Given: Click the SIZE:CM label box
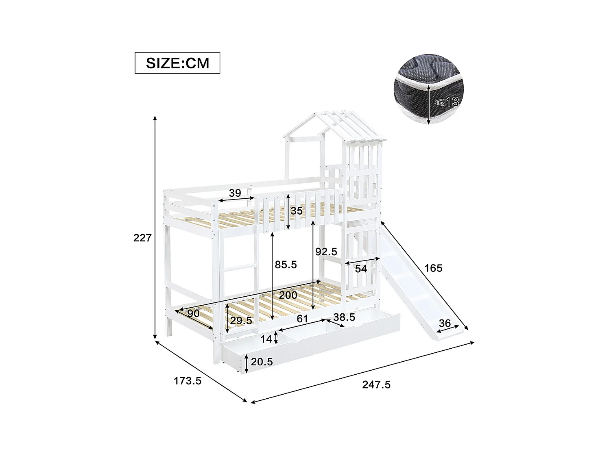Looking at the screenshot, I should tap(177, 63).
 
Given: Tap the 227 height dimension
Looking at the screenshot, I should tap(142, 238).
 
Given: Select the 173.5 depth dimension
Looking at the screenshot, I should tap(188, 381).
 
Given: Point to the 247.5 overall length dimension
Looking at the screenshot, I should tap(376, 384).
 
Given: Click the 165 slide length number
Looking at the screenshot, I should tap(433, 268).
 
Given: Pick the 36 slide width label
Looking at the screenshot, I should tap(445, 323).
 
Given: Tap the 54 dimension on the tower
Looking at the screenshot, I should tap(361, 269).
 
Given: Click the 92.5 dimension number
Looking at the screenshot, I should tap(326, 252).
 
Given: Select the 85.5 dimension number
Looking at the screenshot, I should tap(286, 265).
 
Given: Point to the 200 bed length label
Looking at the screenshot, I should tap(288, 295).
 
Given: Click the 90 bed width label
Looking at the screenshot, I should tap(193, 314).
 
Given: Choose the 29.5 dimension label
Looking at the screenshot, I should tap(241, 321).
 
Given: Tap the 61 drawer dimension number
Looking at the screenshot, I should tap(302, 319).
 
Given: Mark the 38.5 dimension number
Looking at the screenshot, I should tap(344, 317).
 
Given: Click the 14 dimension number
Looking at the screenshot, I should tap(266, 339).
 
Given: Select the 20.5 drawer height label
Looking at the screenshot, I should tap(262, 362).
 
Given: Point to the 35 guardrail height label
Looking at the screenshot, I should tap(297, 211).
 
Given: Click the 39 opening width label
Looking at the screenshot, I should tap(235, 193).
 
